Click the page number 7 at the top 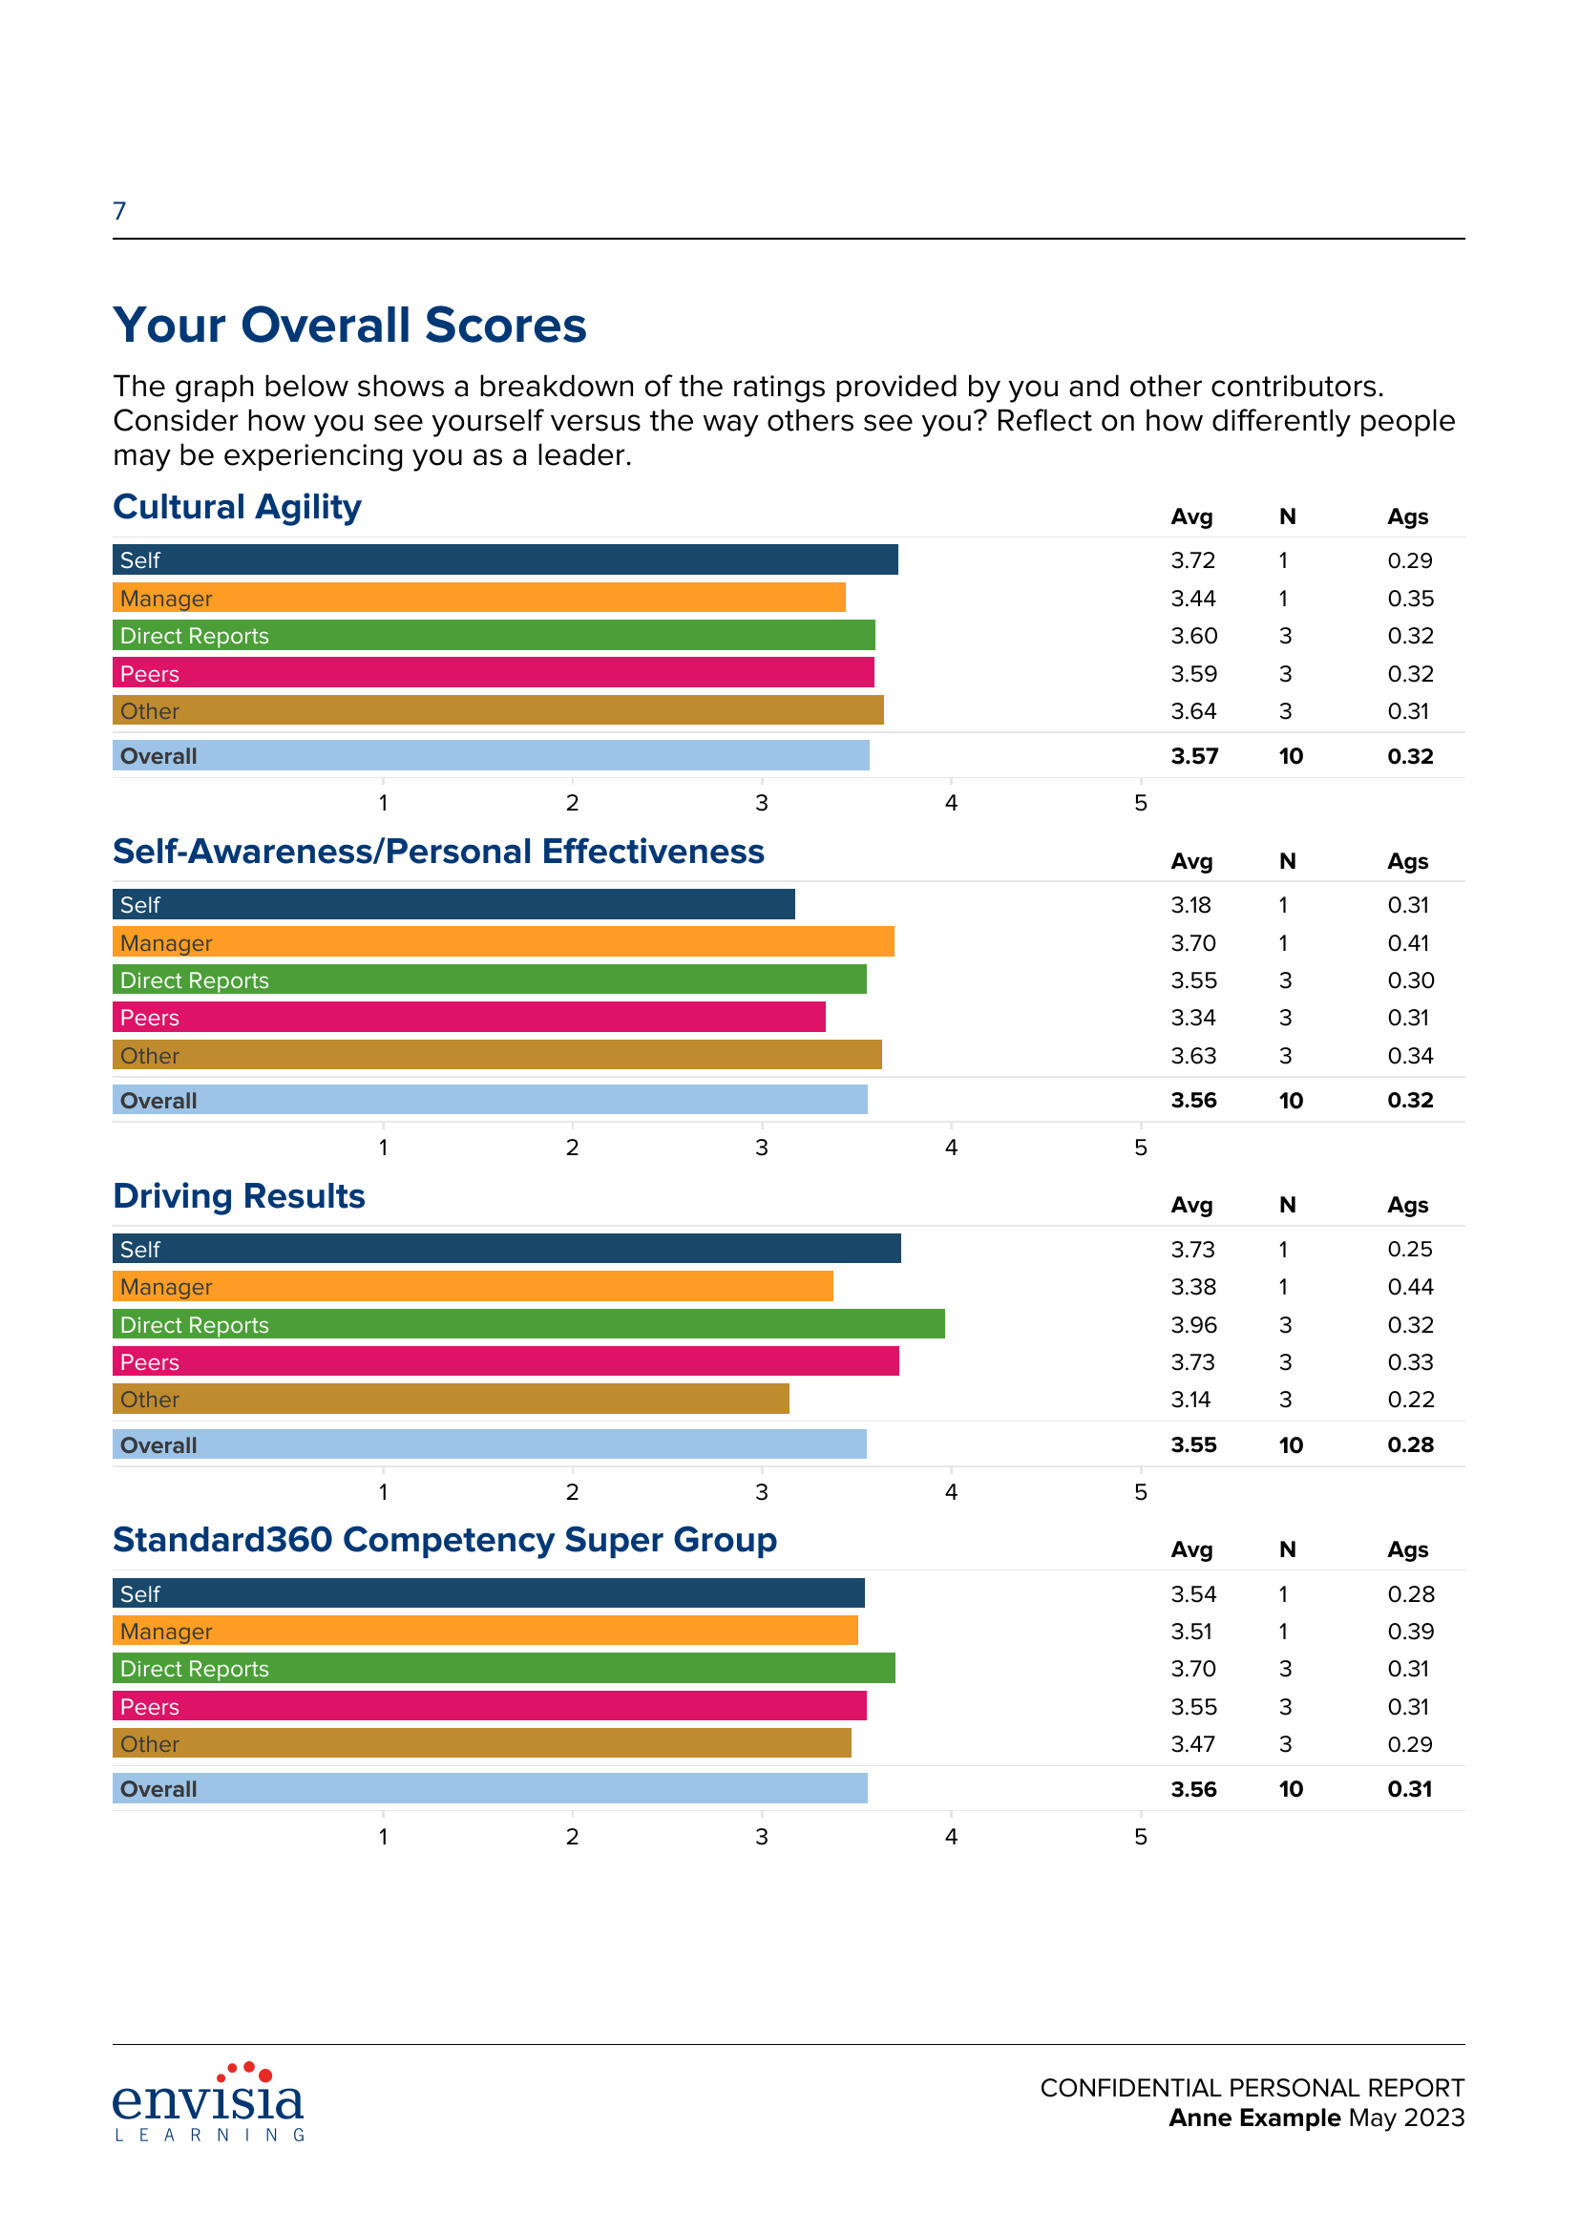(x=119, y=211)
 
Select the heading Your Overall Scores (x=349, y=325)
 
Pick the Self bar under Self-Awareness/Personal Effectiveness (x=453, y=904)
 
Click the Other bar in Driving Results (x=451, y=1400)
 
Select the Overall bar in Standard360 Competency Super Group (x=489, y=1788)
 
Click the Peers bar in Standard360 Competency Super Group (x=489, y=1707)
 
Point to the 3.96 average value (x=1193, y=1325)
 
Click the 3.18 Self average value (x=1190, y=904)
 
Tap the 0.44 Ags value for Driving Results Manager (x=1410, y=1287)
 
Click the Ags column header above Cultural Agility (x=1407, y=516)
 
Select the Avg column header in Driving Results (x=1191, y=1205)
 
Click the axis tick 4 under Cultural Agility (x=951, y=802)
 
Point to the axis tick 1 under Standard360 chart (x=383, y=1836)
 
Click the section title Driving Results (x=239, y=1196)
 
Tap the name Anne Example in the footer (x=1254, y=2117)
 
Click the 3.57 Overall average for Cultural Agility (x=1194, y=756)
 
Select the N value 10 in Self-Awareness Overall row (x=1291, y=1100)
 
